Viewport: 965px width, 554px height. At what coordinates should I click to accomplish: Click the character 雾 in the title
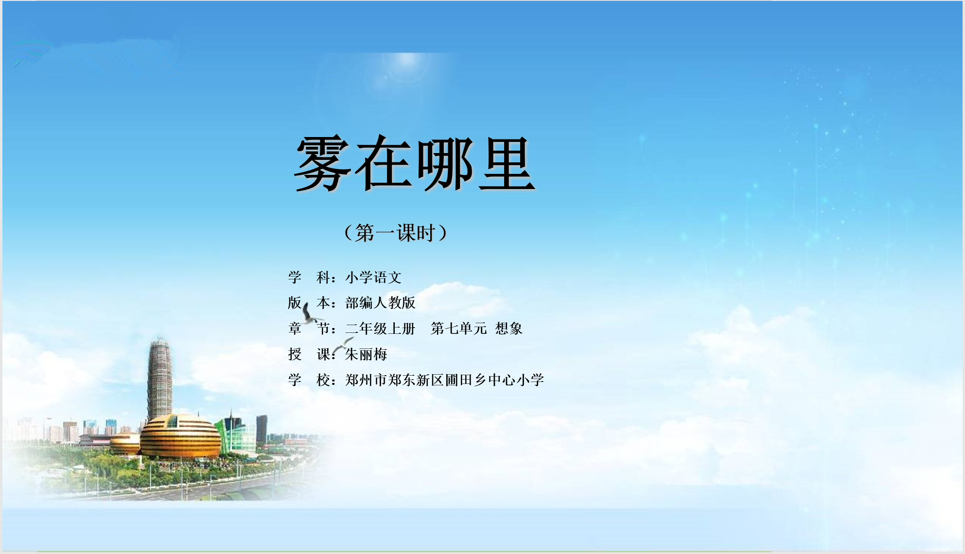(x=322, y=163)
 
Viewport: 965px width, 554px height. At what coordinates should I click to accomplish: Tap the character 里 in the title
(x=507, y=163)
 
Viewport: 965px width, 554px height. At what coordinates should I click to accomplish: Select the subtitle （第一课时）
(x=395, y=233)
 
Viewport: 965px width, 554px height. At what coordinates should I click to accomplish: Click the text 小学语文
(x=373, y=277)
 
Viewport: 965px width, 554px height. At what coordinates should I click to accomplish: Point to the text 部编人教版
(x=380, y=303)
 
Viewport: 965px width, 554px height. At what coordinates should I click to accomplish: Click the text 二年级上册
(x=380, y=329)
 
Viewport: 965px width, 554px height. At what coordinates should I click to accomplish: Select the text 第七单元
(x=458, y=329)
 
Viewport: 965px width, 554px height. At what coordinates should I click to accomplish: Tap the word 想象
(x=509, y=329)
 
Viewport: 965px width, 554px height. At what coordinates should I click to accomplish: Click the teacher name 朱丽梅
(x=366, y=354)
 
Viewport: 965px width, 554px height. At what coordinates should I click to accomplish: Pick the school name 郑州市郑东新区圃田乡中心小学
(x=444, y=380)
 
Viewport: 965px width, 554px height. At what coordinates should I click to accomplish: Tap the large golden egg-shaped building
(x=180, y=436)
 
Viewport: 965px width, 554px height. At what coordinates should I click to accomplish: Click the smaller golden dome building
(x=125, y=444)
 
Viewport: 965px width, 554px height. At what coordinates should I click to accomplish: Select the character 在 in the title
(x=384, y=163)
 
